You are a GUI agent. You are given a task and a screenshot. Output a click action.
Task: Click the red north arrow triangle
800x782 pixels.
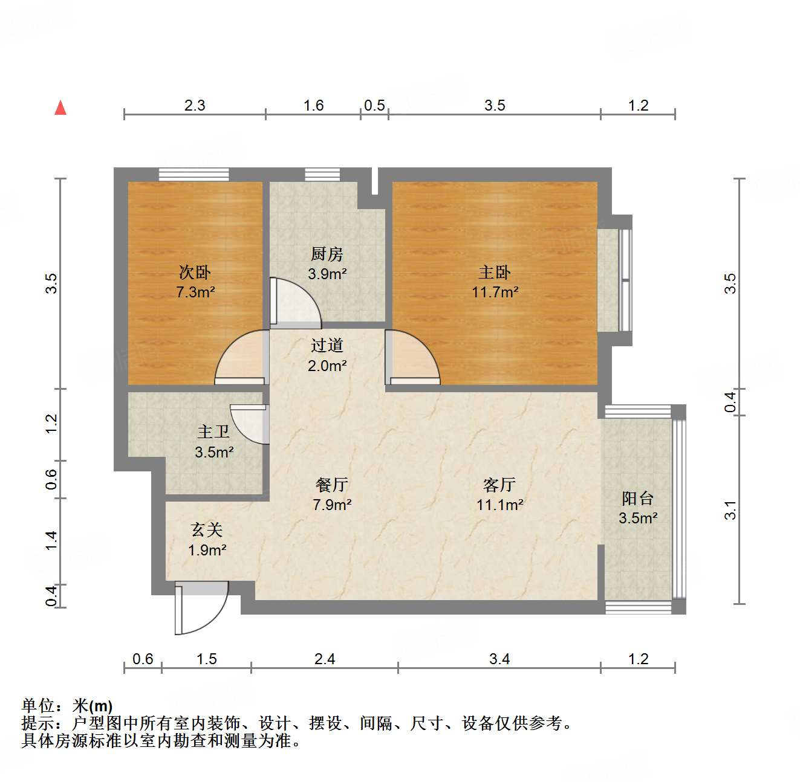pos(60,108)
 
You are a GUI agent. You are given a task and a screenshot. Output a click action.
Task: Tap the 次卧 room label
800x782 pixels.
pos(195,273)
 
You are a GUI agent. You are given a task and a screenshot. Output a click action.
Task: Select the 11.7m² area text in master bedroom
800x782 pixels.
pos(495,292)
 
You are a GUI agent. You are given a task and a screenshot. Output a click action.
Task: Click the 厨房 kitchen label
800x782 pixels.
pos(327,254)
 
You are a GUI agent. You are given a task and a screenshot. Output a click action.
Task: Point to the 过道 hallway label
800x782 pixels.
pos(327,346)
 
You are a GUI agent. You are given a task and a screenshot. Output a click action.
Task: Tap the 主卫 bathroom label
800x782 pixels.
pos(213,432)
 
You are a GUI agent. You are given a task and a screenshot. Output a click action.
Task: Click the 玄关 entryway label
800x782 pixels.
pos(207,530)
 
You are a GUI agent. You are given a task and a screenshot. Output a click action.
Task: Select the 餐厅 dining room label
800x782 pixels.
pos(332,485)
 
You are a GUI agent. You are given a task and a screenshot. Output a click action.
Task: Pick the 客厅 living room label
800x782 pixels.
pos(499,485)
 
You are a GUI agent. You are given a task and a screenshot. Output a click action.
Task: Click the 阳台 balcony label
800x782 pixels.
pos(638,499)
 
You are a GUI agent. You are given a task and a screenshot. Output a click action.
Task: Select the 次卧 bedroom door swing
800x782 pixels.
pos(241,358)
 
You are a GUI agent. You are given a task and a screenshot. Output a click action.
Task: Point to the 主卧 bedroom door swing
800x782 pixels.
pos(412,358)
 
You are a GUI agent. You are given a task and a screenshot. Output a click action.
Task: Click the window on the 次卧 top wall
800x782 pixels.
pos(194,175)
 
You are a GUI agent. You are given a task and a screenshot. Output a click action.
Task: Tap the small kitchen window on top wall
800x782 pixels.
pos(322,175)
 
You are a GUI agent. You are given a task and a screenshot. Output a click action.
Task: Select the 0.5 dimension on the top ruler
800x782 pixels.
pos(374,106)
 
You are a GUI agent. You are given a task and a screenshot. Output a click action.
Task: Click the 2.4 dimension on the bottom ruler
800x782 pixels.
pos(325,659)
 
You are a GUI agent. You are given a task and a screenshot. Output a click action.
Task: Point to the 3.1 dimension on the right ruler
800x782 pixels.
pos(730,510)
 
